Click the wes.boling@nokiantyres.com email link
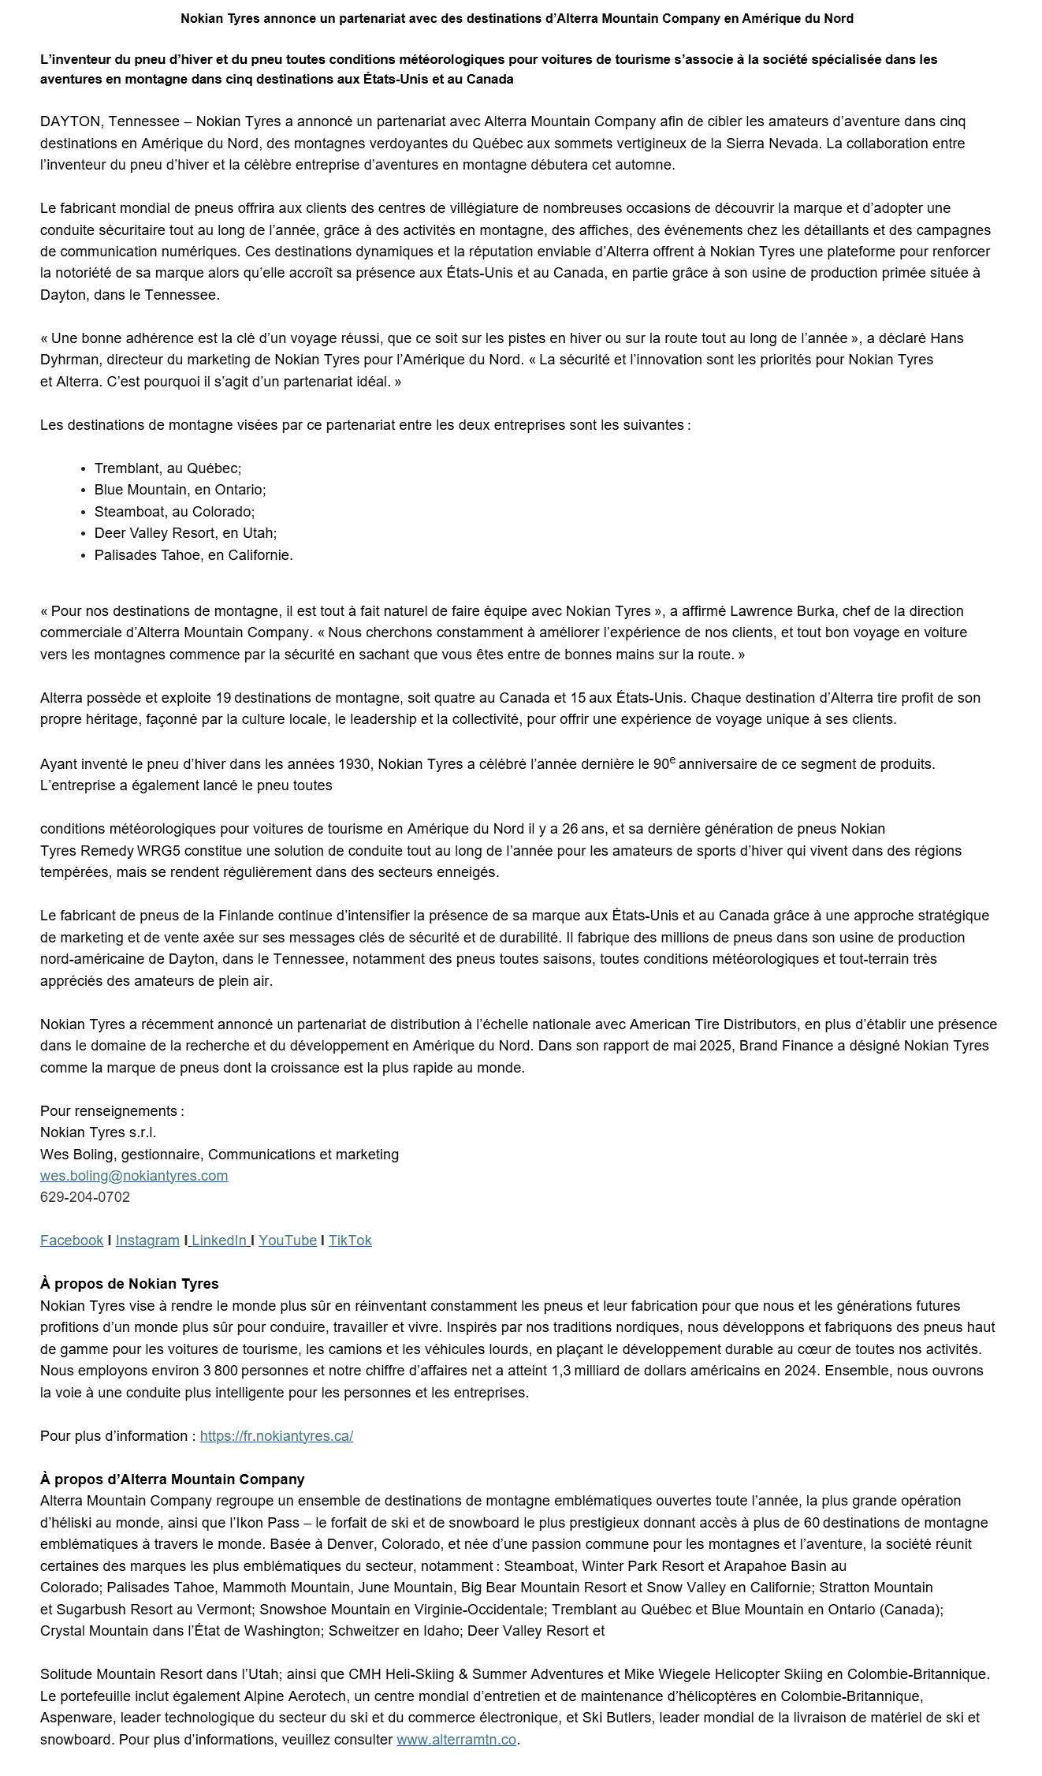(134, 1175)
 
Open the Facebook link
(72, 1240)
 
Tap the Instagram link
(147, 1240)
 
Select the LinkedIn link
(218, 1240)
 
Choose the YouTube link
(288, 1240)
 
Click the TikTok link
(350, 1240)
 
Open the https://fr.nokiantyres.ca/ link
(277, 1435)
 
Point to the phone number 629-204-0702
(85, 1196)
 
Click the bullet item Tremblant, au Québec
(168, 468)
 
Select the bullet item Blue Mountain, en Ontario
(180, 489)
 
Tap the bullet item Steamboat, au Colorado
(174, 511)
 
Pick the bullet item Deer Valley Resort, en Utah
(185, 532)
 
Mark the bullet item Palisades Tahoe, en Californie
(194, 554)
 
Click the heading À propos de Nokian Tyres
(129, 1283)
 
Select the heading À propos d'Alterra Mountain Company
(173, 1479)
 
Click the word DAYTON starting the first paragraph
(70, 121)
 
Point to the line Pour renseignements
(112, 1110)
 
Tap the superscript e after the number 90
(672, 760)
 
